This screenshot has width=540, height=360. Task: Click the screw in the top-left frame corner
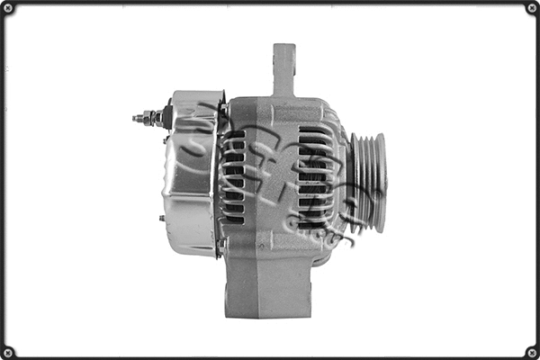(x=8, y=8)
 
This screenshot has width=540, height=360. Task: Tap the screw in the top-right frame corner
(x=531, y=8)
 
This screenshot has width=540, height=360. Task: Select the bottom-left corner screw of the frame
(x=8, y=351)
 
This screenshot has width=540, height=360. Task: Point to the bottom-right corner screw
(x=531, y=351)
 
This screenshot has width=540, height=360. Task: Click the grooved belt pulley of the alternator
(x=368, y=180)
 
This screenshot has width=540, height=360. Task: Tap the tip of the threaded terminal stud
(x=135, y=117)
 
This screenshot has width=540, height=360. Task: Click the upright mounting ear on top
(x=283, y=67)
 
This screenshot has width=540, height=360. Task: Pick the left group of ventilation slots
(x=234, y=175)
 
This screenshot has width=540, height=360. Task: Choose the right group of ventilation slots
(x=315, y=175)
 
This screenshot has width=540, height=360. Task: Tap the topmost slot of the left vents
(x=235, y=134)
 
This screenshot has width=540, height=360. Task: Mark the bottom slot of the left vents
(x=235, y=220)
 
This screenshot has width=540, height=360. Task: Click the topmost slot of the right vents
(x=315, y=130)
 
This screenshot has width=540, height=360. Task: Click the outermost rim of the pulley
(x=382, y=180)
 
